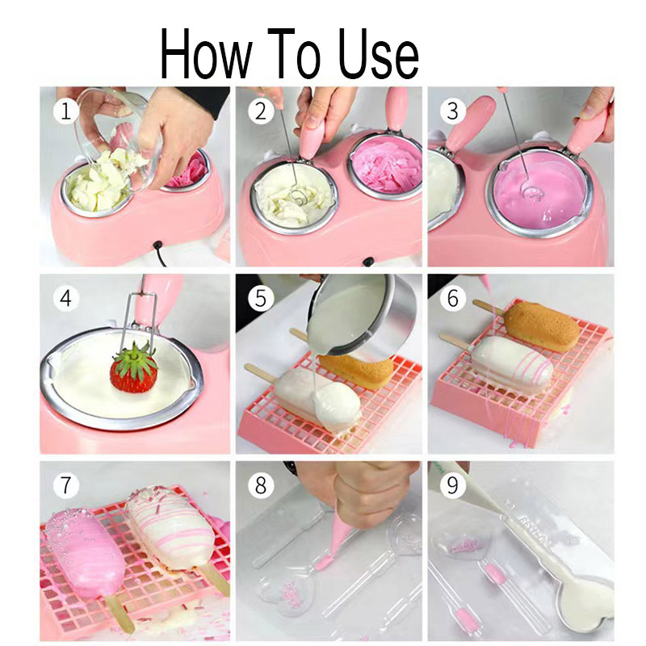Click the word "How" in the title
(206, 53)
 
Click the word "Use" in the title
(378, 53)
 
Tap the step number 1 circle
(66, 111)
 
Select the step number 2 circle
(261, 111)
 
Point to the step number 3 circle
(453, 111)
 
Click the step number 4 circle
(66, 298)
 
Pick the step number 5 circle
(261, 298)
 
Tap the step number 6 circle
(453, 298)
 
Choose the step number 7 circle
(66, 485)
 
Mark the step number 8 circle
(261, 485)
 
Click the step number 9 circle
(453, 485)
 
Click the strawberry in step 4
(133, 367)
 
